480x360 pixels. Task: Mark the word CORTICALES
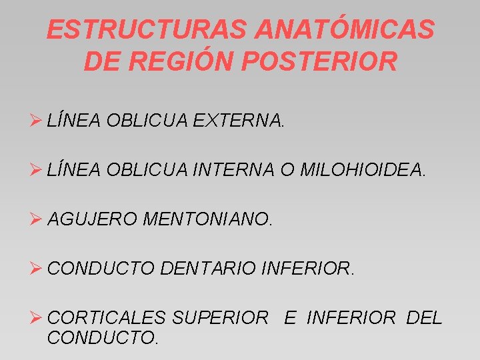tap(106, 318)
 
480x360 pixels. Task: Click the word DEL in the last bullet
tap(423, 318)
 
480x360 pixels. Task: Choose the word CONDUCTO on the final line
tap(101, 337)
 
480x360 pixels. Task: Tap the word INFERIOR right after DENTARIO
tap(307, 269)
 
